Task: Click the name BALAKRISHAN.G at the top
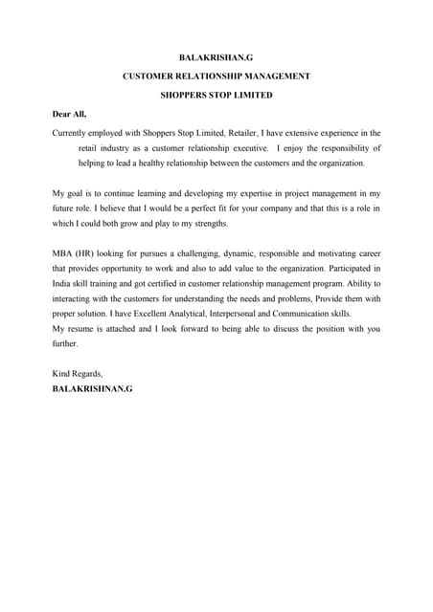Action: (x=216, y=59)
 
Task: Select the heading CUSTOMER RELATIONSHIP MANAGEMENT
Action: (x=216, y=77)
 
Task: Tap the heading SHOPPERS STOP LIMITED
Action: (x=216, y=96)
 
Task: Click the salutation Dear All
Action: (x=69, y=114)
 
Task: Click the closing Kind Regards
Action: (x=78, y=373)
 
